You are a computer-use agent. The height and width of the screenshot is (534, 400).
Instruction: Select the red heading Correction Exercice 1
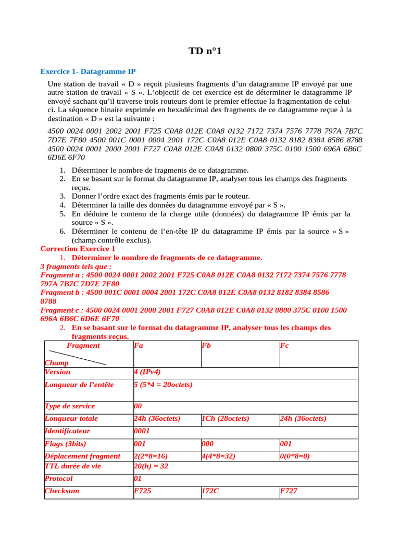[78, 249]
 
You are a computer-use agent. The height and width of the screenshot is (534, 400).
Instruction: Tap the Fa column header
[138, 346]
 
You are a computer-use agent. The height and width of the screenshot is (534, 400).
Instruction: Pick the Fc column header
[284, 346]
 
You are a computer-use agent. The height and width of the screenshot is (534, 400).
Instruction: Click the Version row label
[58, 372]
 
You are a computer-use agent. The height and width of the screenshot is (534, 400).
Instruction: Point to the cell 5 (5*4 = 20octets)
[163, 385]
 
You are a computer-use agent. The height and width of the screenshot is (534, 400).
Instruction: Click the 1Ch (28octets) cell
[225, 419]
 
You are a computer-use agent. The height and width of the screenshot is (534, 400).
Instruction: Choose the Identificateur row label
[68, 431]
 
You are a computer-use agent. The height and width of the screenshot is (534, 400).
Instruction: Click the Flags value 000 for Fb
[208, 444]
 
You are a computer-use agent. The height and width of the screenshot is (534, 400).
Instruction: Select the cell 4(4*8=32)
[218, 456]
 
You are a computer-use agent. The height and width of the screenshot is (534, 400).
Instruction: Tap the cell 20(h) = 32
[151, 466]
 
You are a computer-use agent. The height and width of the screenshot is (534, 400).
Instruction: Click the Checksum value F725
[143, 491]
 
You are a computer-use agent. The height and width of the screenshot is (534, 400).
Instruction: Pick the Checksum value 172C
[210, 491]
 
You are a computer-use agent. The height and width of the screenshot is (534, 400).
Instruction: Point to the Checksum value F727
[289, 491]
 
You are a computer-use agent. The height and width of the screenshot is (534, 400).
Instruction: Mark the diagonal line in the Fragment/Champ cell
[78, 357]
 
